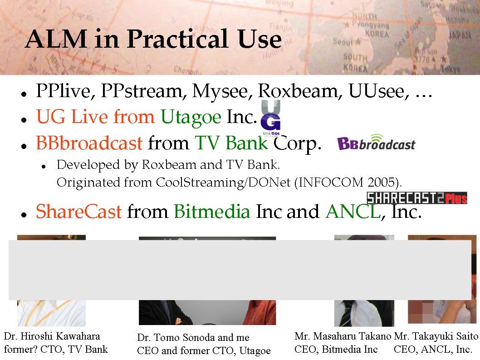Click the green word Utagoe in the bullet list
191,118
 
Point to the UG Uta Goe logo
270,118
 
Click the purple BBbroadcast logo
376,143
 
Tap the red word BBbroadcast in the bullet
89,143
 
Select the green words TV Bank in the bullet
231,143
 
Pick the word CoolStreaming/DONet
223,182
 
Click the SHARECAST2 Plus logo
417,198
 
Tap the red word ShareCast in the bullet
79,212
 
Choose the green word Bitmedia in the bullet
212,212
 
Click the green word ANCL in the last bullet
353,212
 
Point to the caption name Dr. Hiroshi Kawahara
52,336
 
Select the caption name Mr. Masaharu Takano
343,336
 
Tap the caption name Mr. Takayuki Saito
436,336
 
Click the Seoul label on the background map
343,42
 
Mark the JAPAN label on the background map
460,35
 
